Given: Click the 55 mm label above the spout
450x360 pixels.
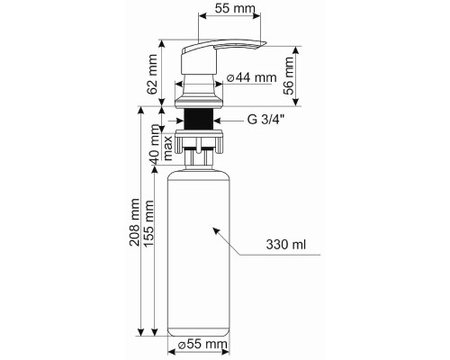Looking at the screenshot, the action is [235, 8].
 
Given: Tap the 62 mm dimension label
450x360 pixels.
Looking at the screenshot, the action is [153, 75].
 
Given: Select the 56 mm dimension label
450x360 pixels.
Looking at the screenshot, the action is [289, 76].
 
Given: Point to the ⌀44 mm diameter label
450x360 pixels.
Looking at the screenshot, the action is [251, 77].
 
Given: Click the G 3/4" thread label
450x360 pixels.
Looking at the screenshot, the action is [265, 120].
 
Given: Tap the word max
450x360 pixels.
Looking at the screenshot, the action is [167, 148].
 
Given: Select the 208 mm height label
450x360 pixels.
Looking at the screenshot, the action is [135, 222].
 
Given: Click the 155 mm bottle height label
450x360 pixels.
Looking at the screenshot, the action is [148, 223].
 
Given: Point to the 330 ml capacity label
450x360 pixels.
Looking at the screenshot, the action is [286, 245].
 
